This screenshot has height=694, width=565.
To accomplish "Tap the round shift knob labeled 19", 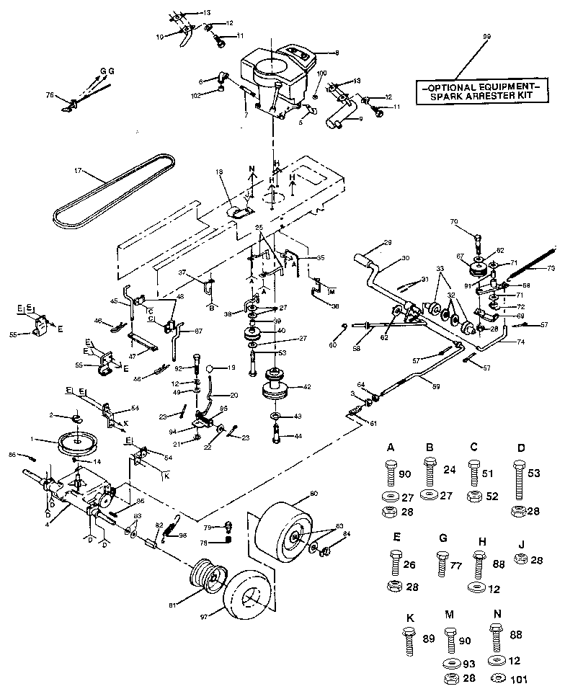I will point(211,368).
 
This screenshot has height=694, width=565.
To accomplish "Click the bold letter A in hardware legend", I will point(391,447).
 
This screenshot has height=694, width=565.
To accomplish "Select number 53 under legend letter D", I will point(533,474).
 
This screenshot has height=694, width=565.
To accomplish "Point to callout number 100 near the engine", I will point(322,74).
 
